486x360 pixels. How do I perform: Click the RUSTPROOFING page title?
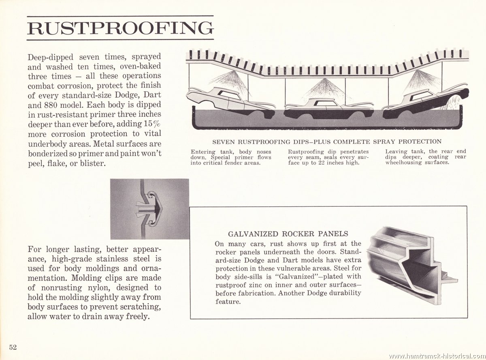click(x=120, y=28)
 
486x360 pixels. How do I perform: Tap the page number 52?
click(x=13, y=347)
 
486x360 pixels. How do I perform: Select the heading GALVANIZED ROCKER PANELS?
click(x=288, y=234)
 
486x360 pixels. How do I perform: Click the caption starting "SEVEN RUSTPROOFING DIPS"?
click(x=327, y=142)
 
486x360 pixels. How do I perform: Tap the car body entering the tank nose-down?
click(x=230, y=103)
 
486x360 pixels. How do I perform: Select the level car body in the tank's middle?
click(x=329, y=109)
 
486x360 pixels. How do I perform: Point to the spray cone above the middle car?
click(x=322, y=88)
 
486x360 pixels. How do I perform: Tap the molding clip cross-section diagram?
click(x=150, y=209)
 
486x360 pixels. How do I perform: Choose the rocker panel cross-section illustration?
click(x=412, y=266)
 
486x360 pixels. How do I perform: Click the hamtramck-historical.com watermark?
click(x=437, y=356)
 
